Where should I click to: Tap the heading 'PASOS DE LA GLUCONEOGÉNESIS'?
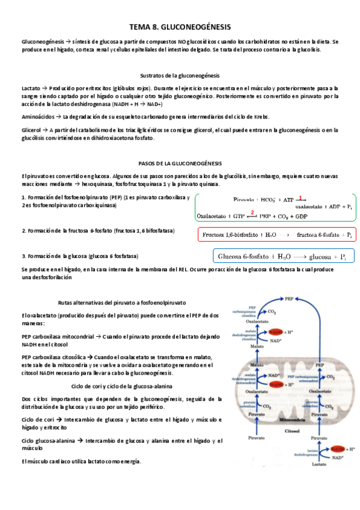tap(180, 163)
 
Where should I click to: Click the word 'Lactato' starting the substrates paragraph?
tap(30, 88)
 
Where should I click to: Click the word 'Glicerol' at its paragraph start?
tap(31, 129)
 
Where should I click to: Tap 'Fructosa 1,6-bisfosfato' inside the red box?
tap(230, 235)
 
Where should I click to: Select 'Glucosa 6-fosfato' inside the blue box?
tap(243, 255)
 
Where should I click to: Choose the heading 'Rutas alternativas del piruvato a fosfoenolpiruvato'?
tap(121, 303)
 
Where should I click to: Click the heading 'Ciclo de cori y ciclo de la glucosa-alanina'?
tap(121, 386)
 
